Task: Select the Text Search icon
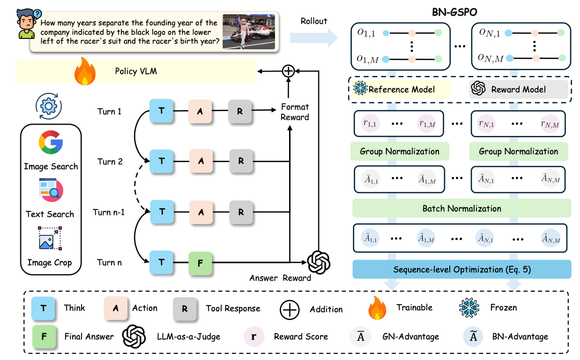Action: click(50, 191)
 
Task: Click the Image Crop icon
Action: click(50, 239)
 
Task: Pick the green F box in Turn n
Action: click(201, 262)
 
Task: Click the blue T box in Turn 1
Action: click(162, 112)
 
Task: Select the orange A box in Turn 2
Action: click(201, 161)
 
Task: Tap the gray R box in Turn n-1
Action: click(241, 212)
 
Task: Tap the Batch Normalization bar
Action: click(461, 209)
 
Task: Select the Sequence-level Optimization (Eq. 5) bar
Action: click(461, 270)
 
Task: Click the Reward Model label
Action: click(518, 90)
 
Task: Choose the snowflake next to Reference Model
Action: click(361, 89)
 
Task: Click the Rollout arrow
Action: click(314, 37)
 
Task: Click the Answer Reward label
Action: click(280, 278)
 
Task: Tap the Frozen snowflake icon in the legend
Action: click(468, 308)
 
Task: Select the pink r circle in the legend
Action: click(254, 336)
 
